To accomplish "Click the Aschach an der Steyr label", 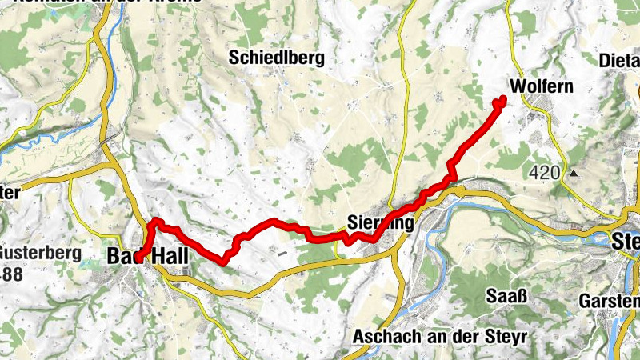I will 439,336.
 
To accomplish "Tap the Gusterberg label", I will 39,254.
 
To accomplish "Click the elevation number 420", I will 545,172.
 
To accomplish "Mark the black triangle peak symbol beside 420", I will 574,172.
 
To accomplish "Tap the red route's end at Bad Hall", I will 141,258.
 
